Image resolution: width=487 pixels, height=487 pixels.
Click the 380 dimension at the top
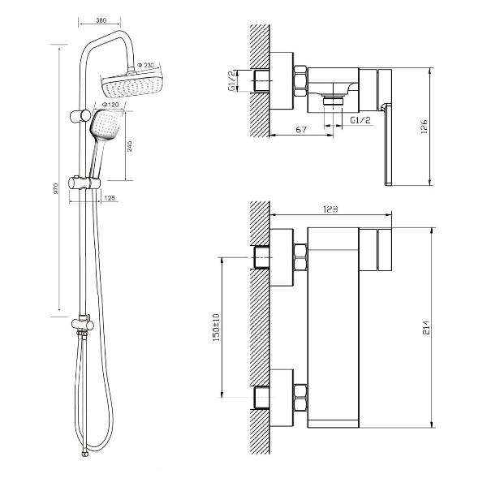point(101,20)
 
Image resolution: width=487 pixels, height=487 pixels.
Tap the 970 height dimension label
point(56,189)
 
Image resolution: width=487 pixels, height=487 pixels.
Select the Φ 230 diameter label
point(145,65)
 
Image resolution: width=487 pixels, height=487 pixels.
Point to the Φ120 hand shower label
point(110,105)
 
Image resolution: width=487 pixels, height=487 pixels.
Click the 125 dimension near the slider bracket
point(110,198)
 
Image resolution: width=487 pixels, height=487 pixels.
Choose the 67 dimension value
point(301,129)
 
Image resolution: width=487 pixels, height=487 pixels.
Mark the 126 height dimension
point(425,127)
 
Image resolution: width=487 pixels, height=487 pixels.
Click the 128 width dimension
point(331,209)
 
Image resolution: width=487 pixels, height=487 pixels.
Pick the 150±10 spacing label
point(216,327)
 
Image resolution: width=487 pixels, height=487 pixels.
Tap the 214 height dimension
point(427,327)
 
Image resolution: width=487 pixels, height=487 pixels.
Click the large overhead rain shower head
point(131,84)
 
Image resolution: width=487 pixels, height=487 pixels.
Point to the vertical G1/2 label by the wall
point(232,80)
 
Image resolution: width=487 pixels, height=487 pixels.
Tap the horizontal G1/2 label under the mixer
point(360,120)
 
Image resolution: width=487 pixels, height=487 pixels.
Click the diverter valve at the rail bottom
point(83,324)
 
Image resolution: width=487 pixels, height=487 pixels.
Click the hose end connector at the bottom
point(84,454)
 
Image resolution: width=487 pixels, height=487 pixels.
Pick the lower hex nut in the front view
point(300,398)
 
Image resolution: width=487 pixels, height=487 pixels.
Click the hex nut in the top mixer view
point(300,80)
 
